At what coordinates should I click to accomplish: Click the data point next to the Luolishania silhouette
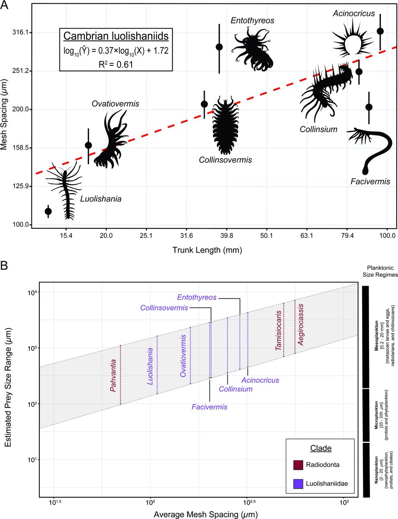(x=48, y=211)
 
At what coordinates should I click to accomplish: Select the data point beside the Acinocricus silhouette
(x=380, y=31)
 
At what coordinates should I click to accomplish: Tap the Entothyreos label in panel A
(x=252, y=20)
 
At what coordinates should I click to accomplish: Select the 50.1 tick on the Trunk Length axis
(x=266, y=236)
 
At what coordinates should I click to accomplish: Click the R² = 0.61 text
(x=116, y=64)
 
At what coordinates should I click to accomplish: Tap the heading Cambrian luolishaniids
(x=116, y=36)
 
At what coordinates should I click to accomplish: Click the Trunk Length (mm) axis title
(x=207, y=250)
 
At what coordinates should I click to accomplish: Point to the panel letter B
(x=4, y=266)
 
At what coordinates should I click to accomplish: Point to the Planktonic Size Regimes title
(x=380, y=271)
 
